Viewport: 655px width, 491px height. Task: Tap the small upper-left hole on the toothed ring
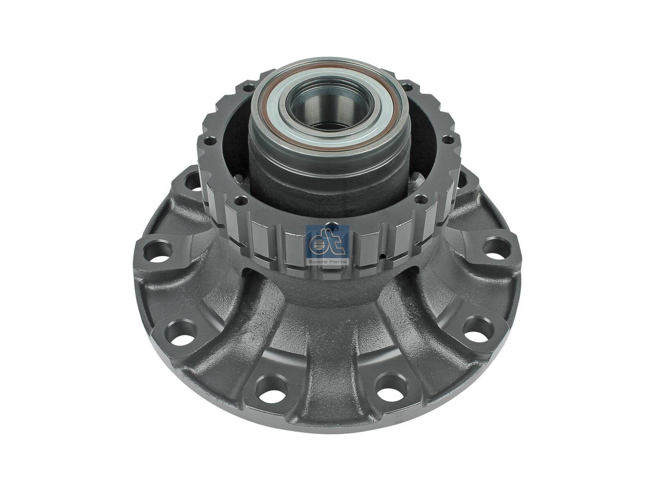coord(248,87)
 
